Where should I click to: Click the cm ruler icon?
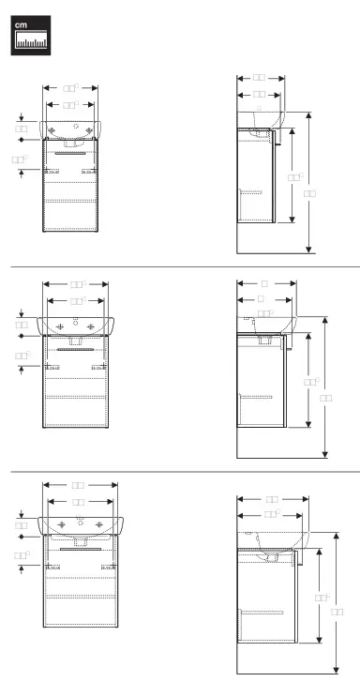click(x=30, y=34)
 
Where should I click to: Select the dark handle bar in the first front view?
click(x=71, y=149)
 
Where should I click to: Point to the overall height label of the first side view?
click(x=310, y=192)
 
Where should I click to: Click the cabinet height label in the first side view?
click(x=294, y=175)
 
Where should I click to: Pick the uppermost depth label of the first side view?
click(x=260, y=78)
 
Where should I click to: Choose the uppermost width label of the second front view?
click(x=79, y=282)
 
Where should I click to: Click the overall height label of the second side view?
click(x=326, y=398)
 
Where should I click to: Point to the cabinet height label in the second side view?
click(x=310, y=382)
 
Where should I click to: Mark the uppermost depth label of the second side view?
click(x=265, y=281)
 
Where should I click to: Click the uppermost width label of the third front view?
click(x=80, y=485)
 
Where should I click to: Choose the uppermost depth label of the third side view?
click(x=273, y=498)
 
